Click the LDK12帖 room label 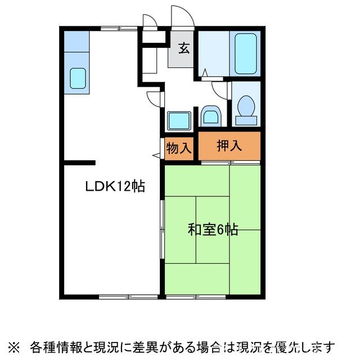click(115, 186)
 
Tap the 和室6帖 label click(213, 229)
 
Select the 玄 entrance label click(184, 48)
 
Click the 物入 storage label click(179, 148)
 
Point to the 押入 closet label click(229, 145)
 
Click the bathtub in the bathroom click(245, 53)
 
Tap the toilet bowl click(245, 107)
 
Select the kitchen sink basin click(77, 79)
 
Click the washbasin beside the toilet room click(211, 117)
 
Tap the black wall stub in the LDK click(79, 163)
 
